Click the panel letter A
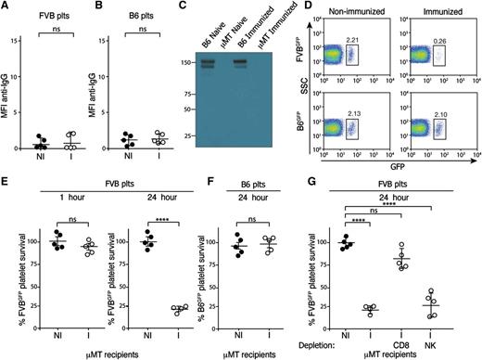pyautogui.click(x=6, y=7)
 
